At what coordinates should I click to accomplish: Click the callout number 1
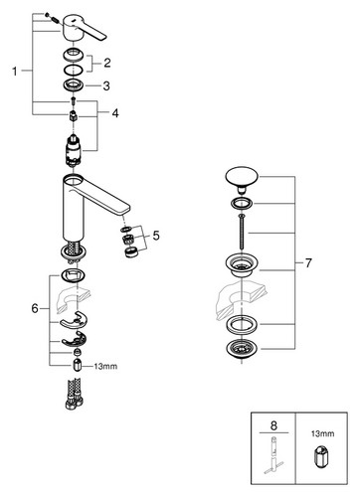(14, 71)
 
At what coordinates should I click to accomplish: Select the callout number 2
(106, 63)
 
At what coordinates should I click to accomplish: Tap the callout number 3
(106, 86)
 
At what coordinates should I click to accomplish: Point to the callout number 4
(115, 113)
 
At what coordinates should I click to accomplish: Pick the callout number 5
(156, 236)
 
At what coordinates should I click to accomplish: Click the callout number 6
(35, 309)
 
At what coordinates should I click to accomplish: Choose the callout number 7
(308, 263)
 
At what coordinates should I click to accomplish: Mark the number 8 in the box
(273, 425)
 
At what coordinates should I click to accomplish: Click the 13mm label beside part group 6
(105, 367)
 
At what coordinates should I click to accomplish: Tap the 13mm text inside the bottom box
(322, 433)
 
